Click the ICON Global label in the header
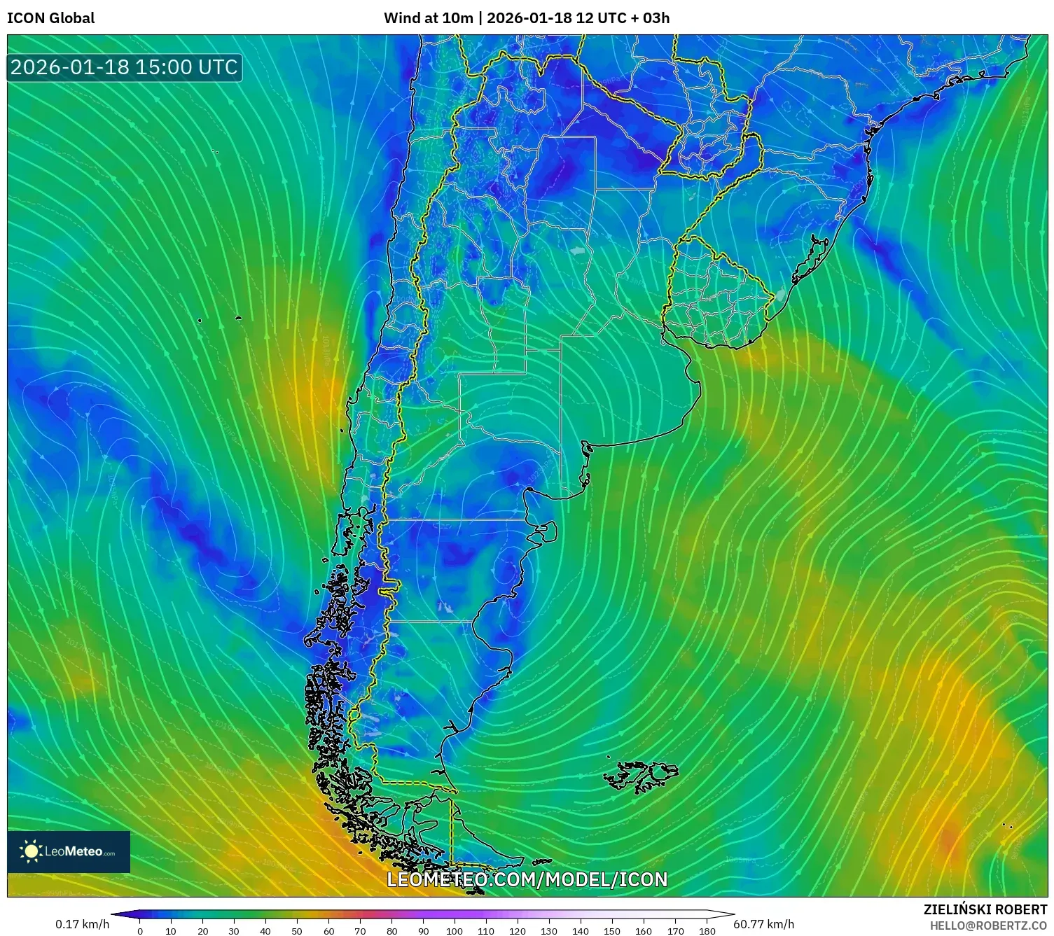click(50, 18)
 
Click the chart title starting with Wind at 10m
click(526, 18)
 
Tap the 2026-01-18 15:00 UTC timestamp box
click(124, 67)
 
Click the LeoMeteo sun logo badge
click(69, 851)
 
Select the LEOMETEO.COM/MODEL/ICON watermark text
click(527, 879)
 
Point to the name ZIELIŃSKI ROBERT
click(985, 909)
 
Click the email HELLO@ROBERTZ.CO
click(988, 925)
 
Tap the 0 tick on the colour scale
click(140, 931)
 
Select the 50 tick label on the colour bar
click(297, 931)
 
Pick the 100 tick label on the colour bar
click(455, 931)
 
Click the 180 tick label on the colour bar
click(707, 931)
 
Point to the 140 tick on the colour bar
click(581, 931)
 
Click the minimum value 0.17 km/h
click(83, 924)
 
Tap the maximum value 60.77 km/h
click(763, 924)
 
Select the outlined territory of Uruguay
click(714, 294)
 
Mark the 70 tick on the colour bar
click(360, 931)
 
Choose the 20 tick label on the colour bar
click(203, 931)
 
